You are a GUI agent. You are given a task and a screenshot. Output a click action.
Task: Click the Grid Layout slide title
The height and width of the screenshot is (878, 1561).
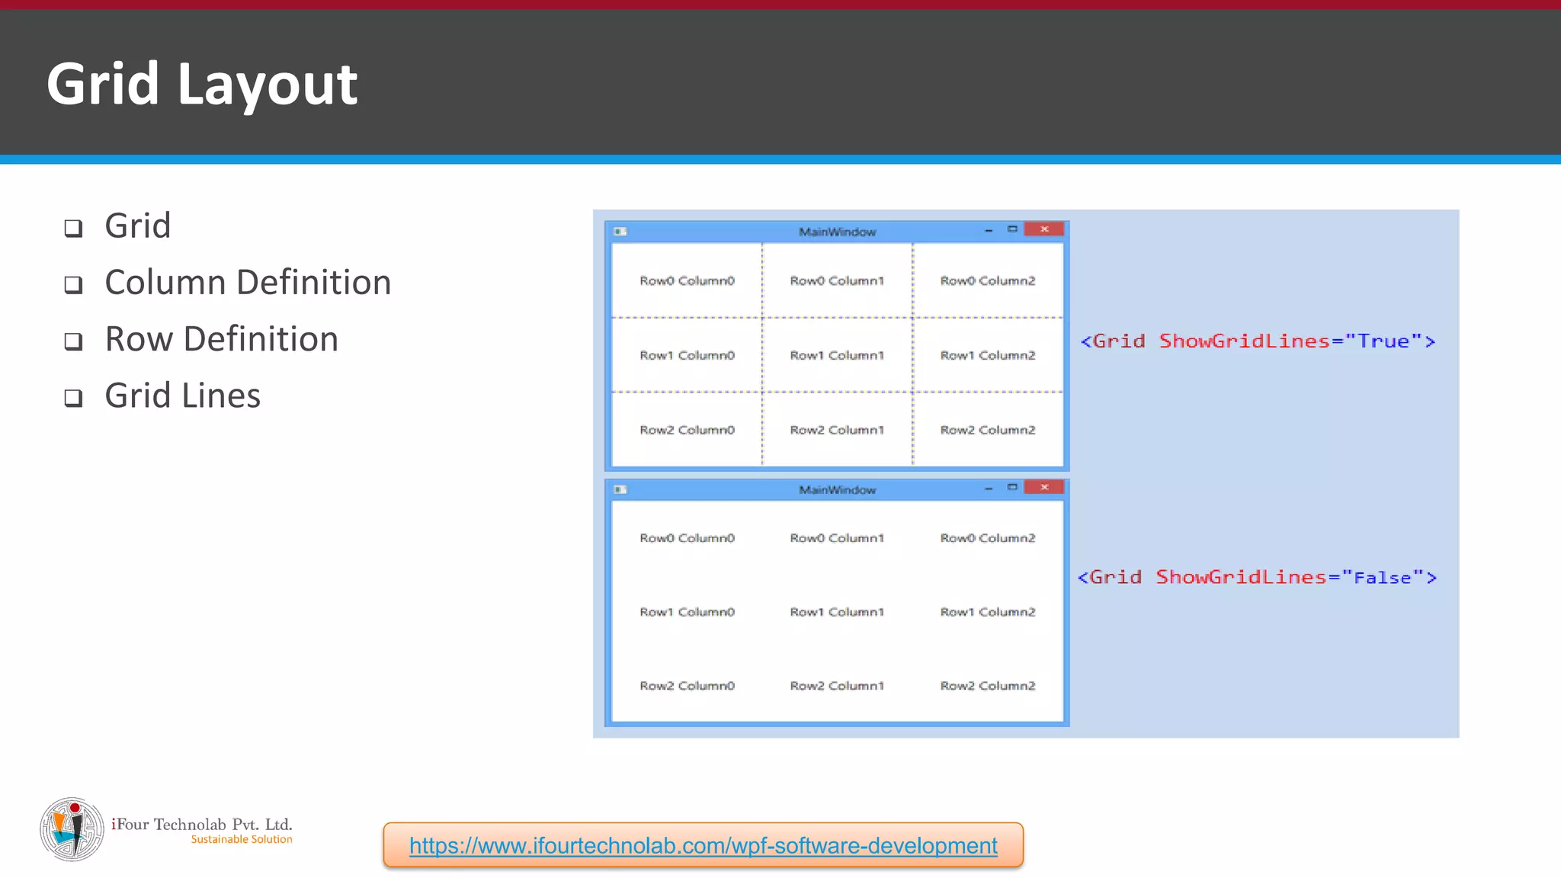coord(202,84)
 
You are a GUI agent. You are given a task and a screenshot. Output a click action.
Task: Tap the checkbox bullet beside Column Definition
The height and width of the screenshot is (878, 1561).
coord(73,284)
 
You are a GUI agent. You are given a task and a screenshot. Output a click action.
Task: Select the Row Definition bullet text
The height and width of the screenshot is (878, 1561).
coord(221,339)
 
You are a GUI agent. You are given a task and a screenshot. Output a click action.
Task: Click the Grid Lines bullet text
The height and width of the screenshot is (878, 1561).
coord(182,396)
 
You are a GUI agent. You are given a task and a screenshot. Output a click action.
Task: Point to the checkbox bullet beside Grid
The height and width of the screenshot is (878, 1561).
coord(73,228)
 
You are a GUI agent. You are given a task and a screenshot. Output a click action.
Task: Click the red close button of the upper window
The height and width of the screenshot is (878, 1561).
coord(1043,229)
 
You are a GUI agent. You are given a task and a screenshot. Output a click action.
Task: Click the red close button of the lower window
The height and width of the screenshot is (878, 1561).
coord(1043,487)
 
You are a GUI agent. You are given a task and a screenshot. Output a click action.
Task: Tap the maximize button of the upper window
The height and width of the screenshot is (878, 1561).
coord(1012,229)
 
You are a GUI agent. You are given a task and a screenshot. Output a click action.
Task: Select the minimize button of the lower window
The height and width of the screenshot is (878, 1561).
coord(989,488)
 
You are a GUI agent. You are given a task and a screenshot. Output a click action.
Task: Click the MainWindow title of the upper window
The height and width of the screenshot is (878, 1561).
coord(837,232)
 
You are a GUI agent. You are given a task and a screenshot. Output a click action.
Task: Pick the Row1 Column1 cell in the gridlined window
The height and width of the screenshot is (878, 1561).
coord(837,355)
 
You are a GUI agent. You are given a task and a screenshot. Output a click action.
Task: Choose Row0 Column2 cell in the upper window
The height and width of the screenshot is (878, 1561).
coord(988,280)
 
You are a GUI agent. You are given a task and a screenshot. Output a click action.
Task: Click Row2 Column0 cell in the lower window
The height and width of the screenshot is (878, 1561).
coord(687,686)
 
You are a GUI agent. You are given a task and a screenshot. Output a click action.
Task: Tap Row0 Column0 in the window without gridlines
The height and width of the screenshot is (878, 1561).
coord(687,538)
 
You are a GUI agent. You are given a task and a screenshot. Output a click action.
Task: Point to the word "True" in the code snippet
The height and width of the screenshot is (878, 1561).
coord(1383,341)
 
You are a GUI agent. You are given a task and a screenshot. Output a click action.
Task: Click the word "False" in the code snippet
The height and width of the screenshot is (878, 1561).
coord(1382,578)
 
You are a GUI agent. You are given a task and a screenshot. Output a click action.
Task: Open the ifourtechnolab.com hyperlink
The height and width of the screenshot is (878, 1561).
coord(703,845)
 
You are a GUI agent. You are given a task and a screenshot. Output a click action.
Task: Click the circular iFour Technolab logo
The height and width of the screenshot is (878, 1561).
coord(72,829)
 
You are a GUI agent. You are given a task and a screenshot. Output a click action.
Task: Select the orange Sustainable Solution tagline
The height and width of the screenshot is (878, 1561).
coord(242,839)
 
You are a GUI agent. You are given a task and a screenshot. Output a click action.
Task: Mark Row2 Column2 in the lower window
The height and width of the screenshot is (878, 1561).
coord(988,686)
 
